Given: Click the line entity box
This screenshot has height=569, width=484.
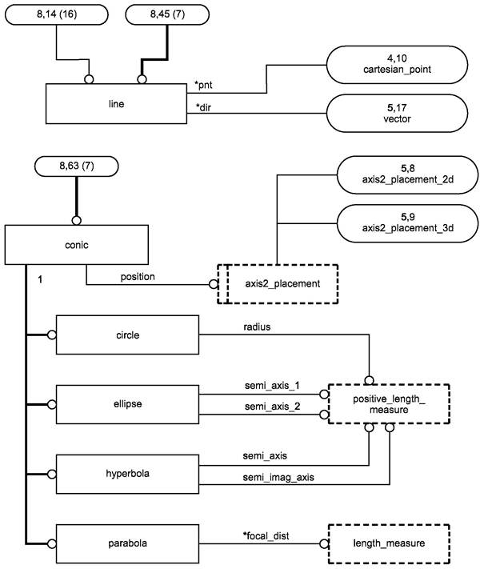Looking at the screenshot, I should click(x=117, y=105).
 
